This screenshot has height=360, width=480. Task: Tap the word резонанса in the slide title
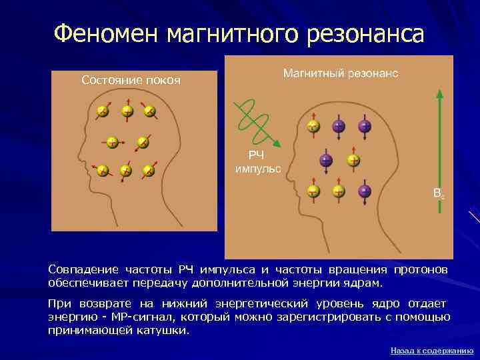(365, 33)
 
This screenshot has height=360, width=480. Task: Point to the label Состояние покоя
(131, 81)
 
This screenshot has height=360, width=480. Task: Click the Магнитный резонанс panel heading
(341, 73)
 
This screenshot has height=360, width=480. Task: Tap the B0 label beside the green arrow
(438, 194)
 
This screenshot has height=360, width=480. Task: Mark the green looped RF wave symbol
(251, 119)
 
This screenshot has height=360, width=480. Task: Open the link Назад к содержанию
(431, 350)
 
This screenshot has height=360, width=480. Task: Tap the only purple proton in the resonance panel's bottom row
(364, 191)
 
